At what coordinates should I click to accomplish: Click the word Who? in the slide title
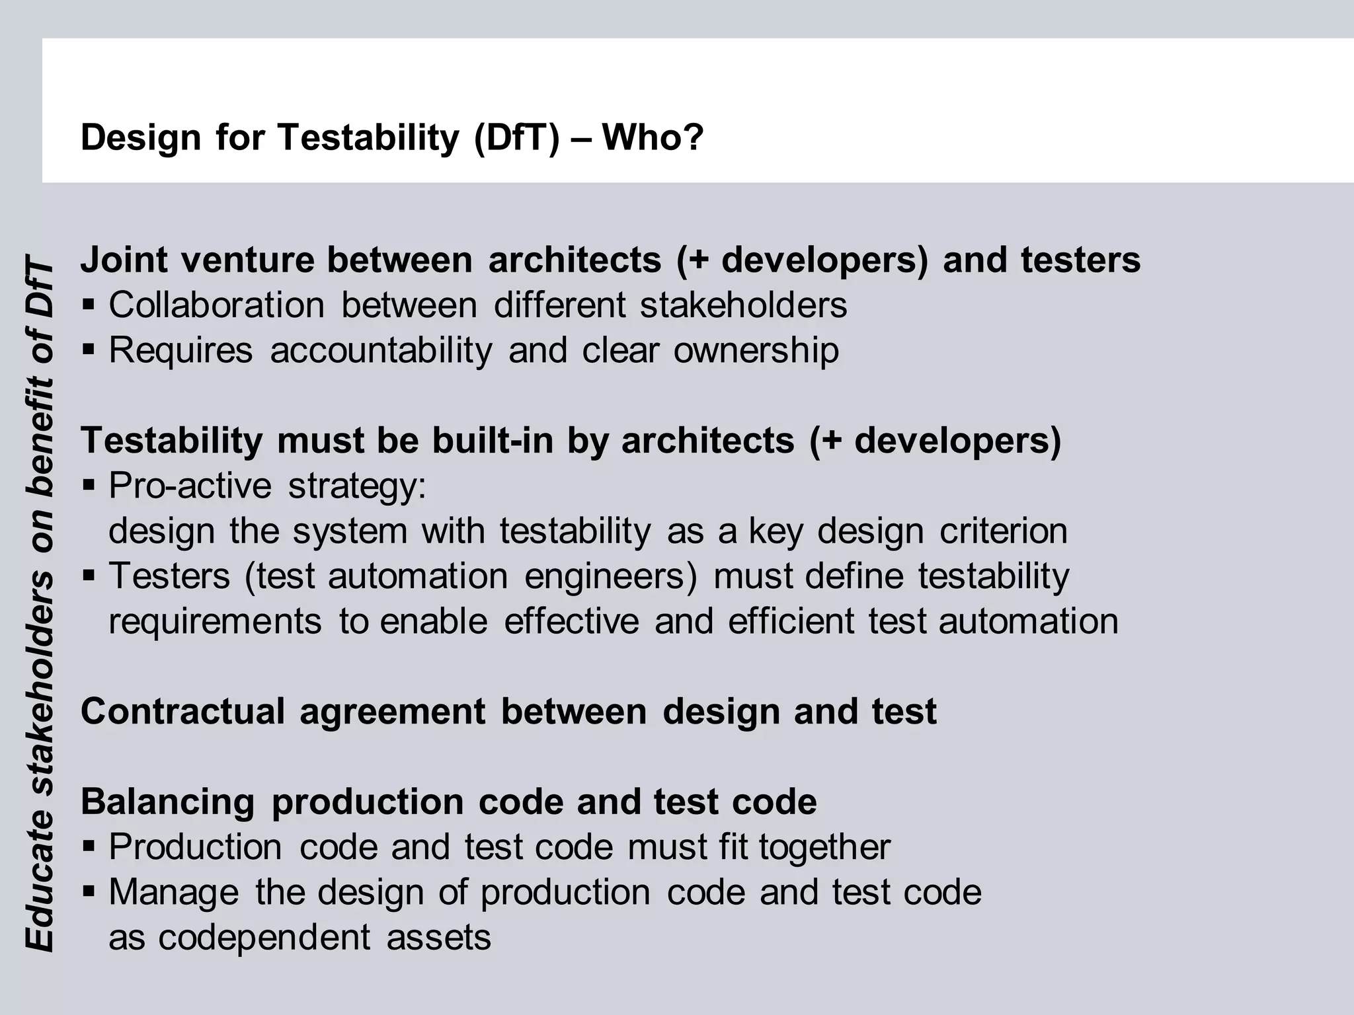pyautogui.click(x=653, y=137)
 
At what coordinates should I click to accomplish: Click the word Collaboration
pyautogui.click(x=216, y=305)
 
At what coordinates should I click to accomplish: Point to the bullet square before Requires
pyautogui.click(x=89, y=350)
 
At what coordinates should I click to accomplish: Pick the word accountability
pyautogui.click(x=381, y=350)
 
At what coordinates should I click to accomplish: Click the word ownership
pyautogui.click(x=756, y=350)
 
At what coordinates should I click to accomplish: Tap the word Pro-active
pyautogui.click(x=190, y=486)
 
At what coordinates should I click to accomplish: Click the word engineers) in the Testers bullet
pyautogui.click(x=610, y=576)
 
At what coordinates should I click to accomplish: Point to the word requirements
pyautogui.click(x=215, y=622)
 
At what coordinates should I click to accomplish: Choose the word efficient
pyautogui.click(x=791, y=622)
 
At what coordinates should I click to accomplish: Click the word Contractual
pyautogui.click(x=182, y=712)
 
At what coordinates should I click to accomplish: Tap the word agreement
pyautogui.click(x=393, y=712)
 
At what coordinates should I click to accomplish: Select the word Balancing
pyautogui.click(x=167, y=802)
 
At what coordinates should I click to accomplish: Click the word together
pyautogui.click(x=824, y=847)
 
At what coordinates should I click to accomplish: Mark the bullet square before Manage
pyautogui.click(x=89, y=892)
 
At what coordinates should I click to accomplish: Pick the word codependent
pyautogui.click(x=264, y=938)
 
